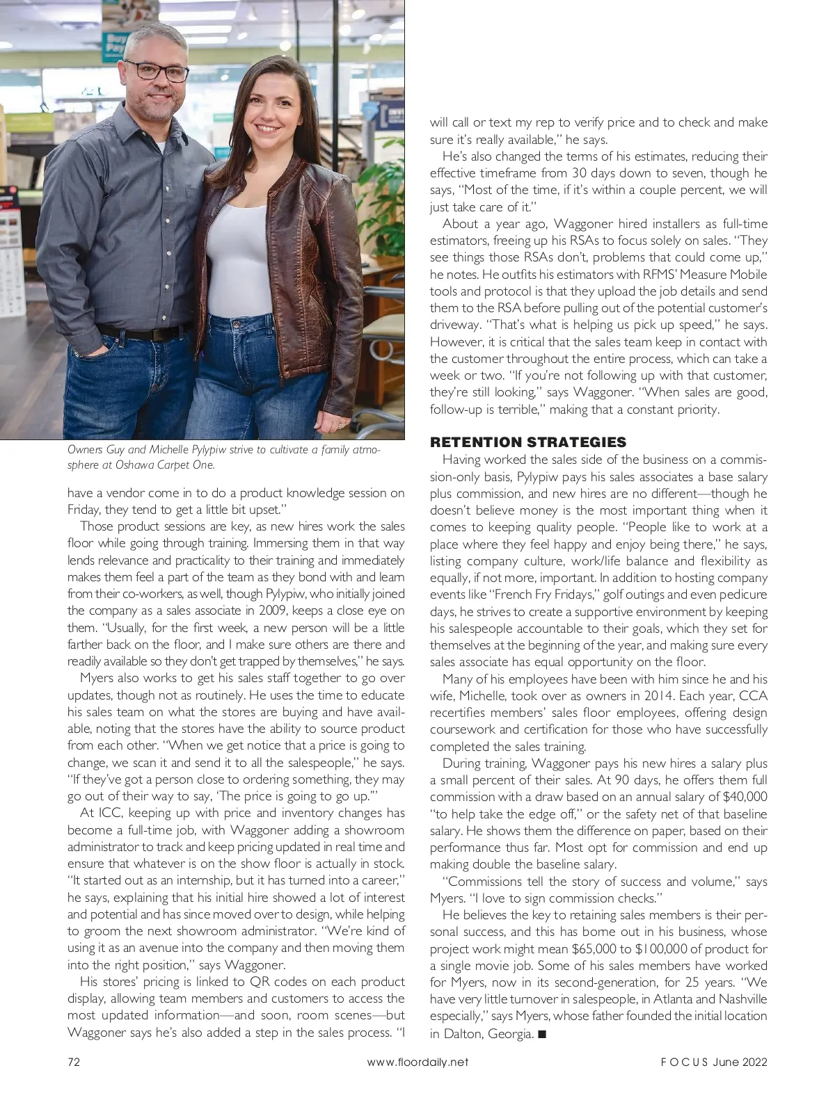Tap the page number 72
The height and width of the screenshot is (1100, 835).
click(x=74, y=1062)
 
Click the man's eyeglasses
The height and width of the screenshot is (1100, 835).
click(x=161, y=71)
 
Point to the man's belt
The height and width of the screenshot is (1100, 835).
click(x=138, y=332)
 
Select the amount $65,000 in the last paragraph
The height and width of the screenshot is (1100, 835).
click(x=595, y=948)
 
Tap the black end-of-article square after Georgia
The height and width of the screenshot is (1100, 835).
click(x=543, y=1034)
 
